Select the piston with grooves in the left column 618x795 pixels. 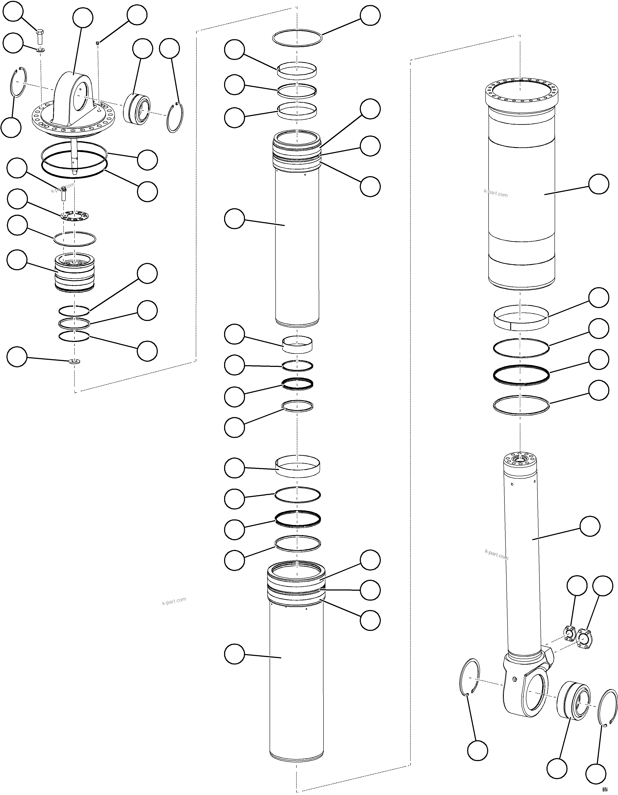pos(74,272)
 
